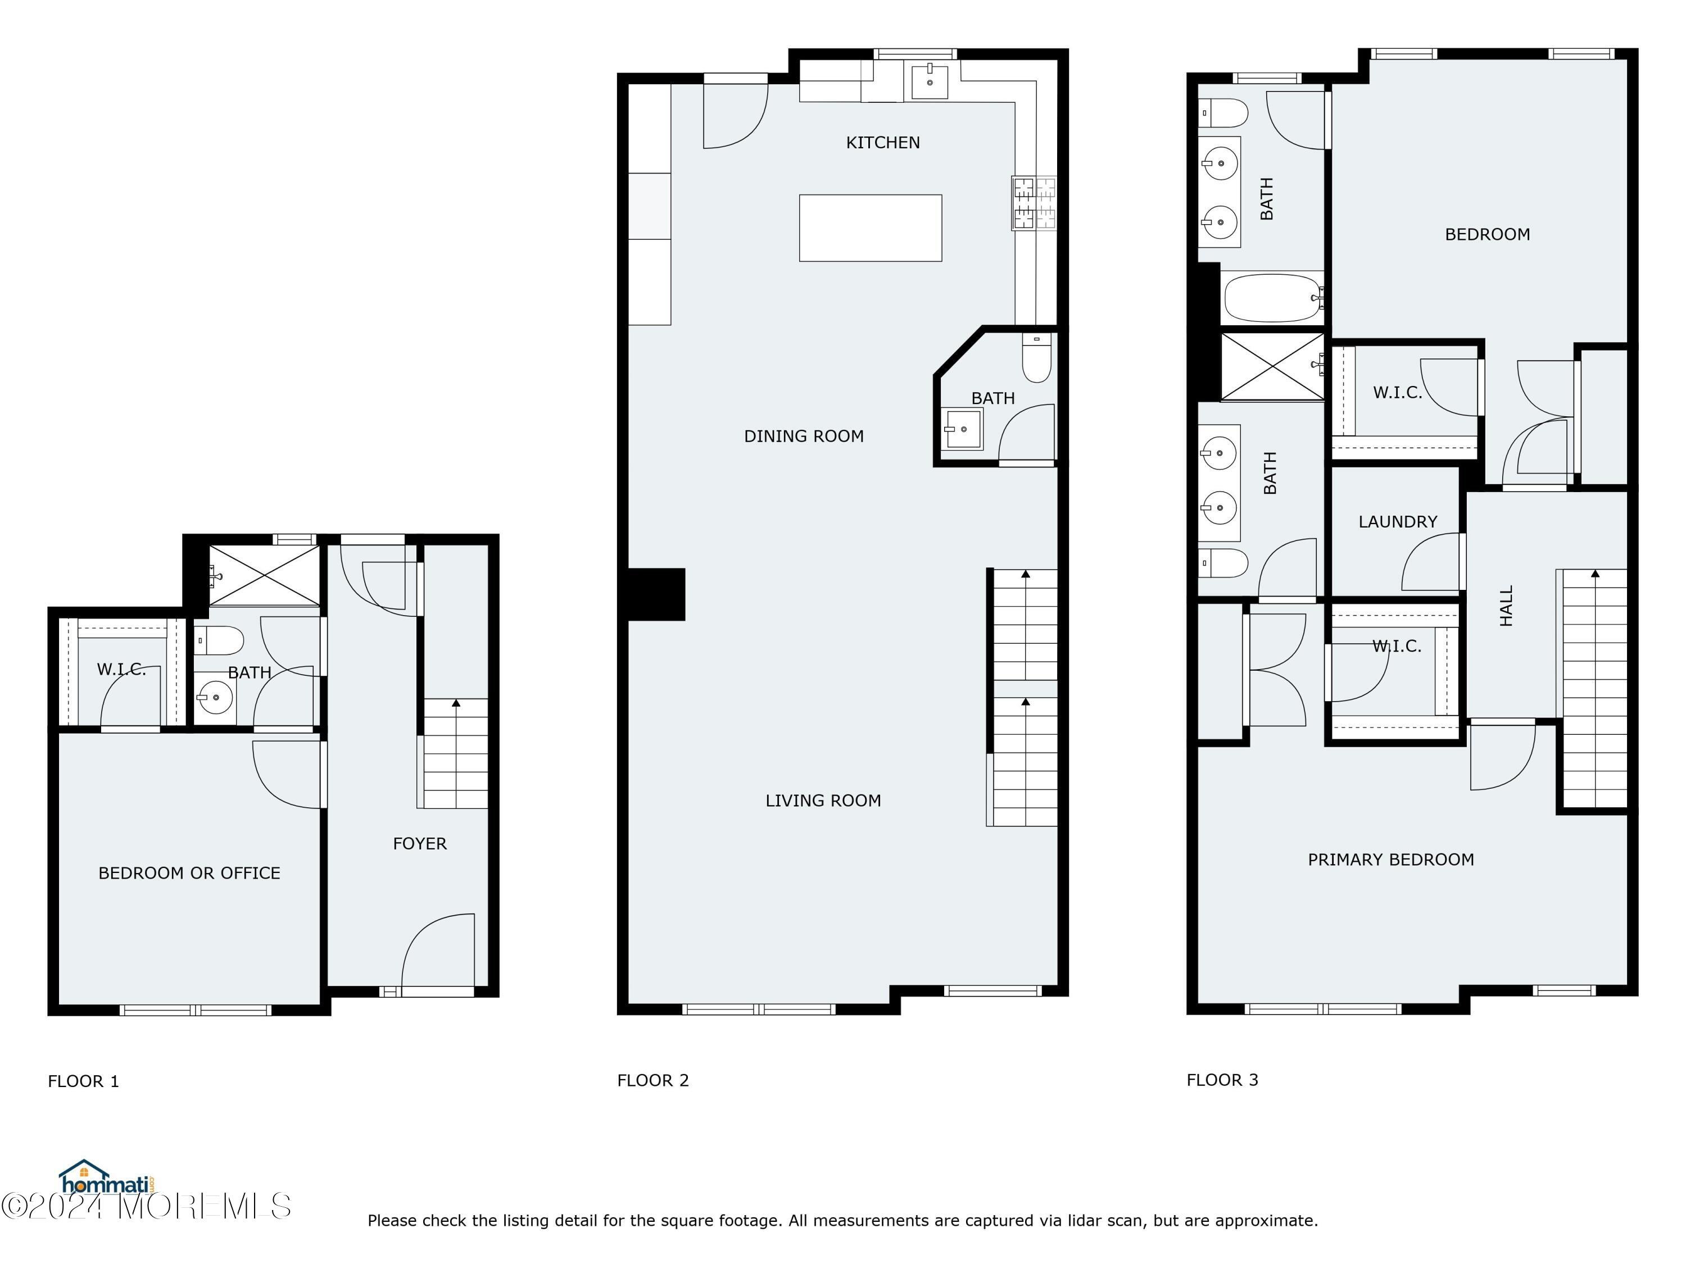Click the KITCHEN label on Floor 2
point(883,143)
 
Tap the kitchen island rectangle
point(869,228)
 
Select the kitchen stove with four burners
point(1034,203)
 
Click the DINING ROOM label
point(803,436)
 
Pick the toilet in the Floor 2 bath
point(1036,360)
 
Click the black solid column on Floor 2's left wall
point(655,594)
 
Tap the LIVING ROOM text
point(822,800)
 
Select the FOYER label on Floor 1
point(419,843)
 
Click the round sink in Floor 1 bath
point(215,697)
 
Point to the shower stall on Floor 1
point(265,575)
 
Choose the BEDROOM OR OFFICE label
point(189,872)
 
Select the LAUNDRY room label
point(1397,522)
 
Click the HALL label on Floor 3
point(1506,606)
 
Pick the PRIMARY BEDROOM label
point(1390,860)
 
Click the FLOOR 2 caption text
point(652,1080)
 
